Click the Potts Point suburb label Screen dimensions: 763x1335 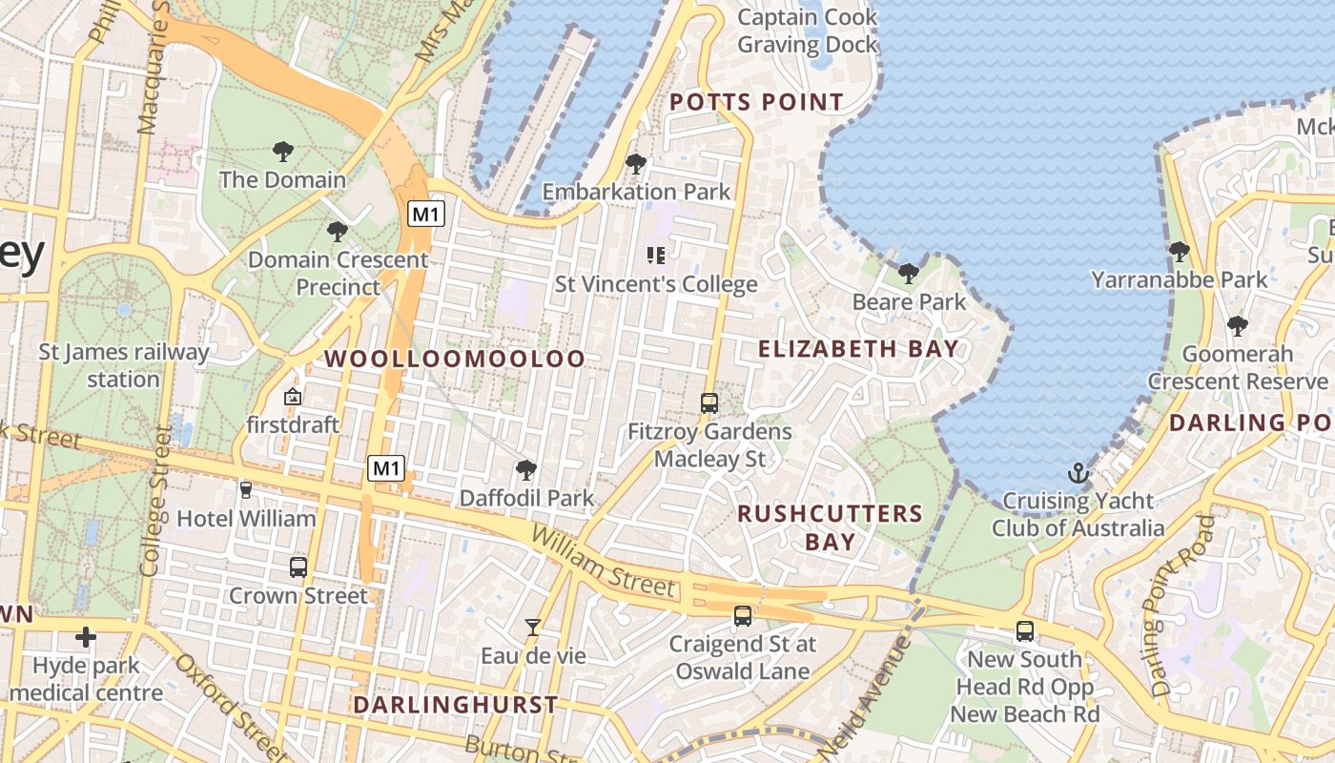click(756, 102)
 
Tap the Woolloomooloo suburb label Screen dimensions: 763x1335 click(455, 359)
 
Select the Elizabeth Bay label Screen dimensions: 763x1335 click(858, 349)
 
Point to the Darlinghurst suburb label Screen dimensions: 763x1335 click(455, 705)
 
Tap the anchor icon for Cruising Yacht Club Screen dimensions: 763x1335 click(1078, 473)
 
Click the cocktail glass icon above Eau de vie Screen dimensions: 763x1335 click(533, 628)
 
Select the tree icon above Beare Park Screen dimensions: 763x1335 click(909, 274)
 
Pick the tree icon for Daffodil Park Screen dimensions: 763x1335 click(525, 469)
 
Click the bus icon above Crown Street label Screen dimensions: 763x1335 click(298, 567)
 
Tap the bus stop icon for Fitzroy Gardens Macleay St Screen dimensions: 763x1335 click(709, 402)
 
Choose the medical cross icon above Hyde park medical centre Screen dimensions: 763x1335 click(86, 637)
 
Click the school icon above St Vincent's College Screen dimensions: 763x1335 click(655, 255)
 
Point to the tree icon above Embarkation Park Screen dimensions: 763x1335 click(636, 164)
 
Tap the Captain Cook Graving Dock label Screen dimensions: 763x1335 click(807, 31)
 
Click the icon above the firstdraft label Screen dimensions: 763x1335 click(293, 396)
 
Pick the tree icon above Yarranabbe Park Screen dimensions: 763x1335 click(1180, 252)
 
